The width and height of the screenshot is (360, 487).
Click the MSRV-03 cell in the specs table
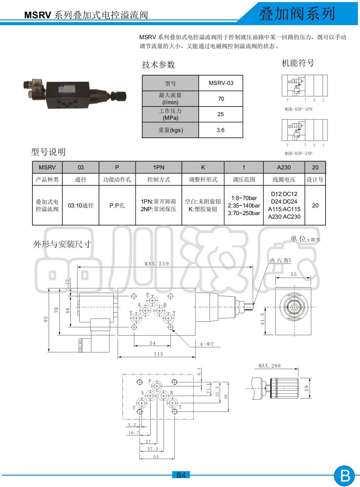[x=221, y=83]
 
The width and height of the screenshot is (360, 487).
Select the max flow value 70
[x=221, y=99]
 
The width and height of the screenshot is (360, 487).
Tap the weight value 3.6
[x=220, y=130]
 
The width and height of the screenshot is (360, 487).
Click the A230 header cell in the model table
[x=284, y=167]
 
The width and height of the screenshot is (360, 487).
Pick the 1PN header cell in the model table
[x=159, y=167]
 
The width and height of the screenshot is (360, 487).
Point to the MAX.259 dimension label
[x=157, y=264]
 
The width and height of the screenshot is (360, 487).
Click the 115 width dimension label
[x=158, y=354]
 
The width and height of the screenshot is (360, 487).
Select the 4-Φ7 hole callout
[x=207, y=344]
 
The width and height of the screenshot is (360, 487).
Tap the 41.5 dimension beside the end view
[x=262, y=319]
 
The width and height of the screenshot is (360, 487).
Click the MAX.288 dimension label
[x=269, y=366]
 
